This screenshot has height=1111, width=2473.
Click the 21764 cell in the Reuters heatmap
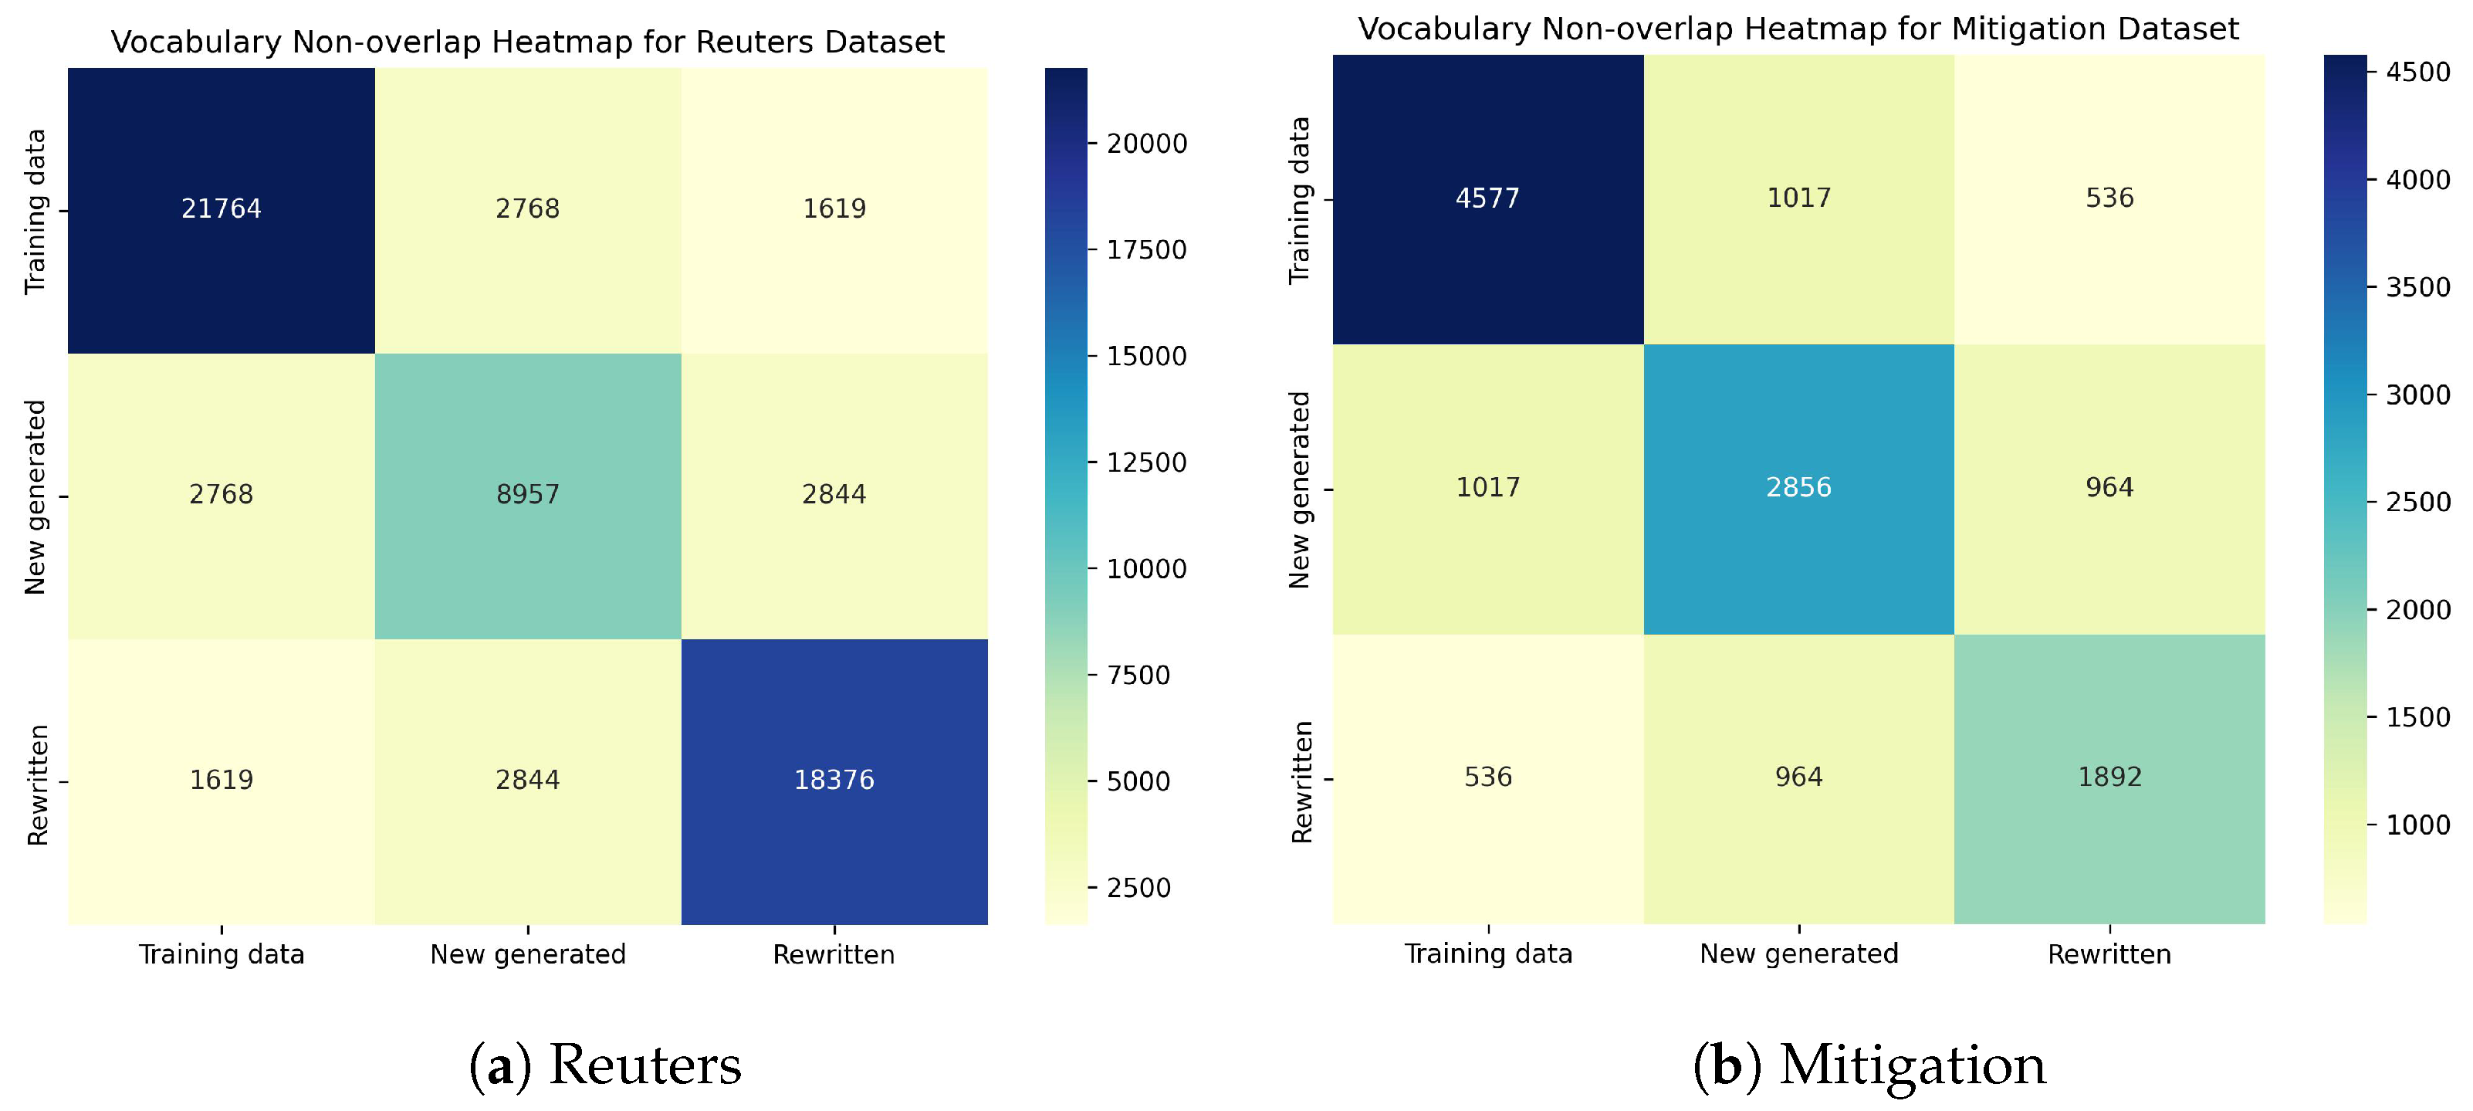coord(221,208)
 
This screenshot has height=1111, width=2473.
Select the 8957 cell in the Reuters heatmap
coord(527,495)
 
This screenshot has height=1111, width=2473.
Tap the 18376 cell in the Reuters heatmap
coord(834,780)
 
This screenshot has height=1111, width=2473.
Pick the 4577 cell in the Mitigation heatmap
coord(1487,198)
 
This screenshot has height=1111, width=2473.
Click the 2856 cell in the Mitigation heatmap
coord(1798,488)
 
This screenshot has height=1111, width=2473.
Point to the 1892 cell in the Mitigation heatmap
coord(2109,777)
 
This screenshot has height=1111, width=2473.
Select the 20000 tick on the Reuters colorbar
coord(1146,144)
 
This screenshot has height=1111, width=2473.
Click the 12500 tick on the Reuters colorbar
coord(1146,462)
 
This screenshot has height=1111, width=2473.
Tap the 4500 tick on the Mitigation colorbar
coord(2417,72)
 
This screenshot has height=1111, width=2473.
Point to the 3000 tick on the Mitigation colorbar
coord(2417,395)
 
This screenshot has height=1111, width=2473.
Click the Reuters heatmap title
coord(527,42)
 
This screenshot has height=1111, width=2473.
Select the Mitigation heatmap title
coord(1797,29)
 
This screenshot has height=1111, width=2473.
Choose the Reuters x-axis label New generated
coord(527,954)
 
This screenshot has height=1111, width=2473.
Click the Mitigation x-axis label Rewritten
coord(2109,954)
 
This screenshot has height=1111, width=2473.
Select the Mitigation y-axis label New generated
coord(1299,489)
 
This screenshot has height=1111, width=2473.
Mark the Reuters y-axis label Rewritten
coord(36,784)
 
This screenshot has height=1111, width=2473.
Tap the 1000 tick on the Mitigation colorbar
coord(2417,825)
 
